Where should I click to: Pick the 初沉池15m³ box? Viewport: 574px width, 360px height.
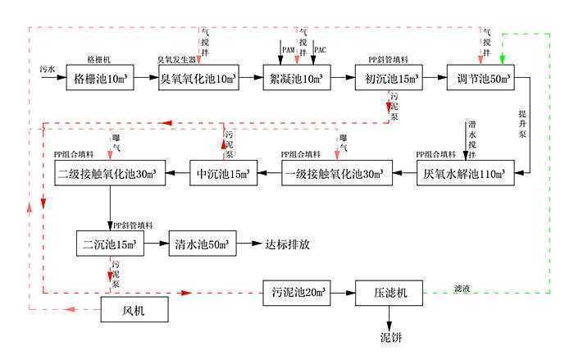[x=389, y=79]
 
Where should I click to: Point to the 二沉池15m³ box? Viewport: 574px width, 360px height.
[x=109, y=244]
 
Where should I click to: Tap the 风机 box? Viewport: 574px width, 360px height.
[x=133, y=309]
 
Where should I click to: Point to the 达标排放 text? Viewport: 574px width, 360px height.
[x=287, y=244]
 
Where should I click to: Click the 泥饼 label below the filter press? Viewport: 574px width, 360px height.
[x=390, y=337]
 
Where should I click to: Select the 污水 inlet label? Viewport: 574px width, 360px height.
[x=48, y=71]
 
